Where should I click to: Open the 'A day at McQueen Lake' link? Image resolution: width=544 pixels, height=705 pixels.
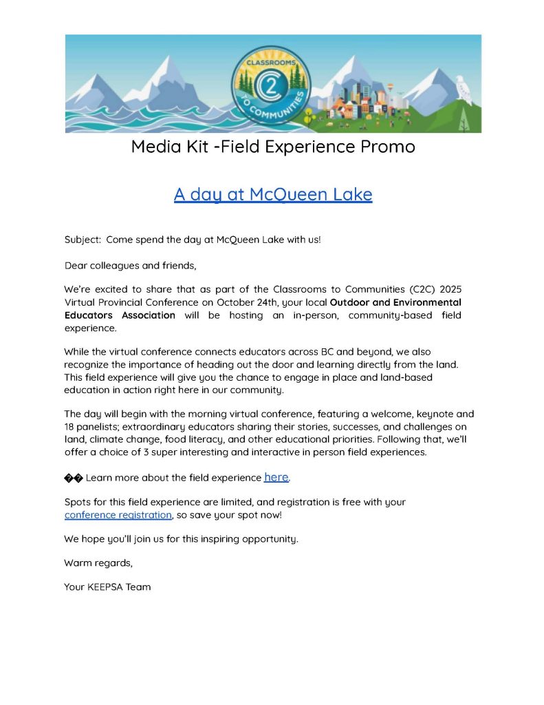[273, 194]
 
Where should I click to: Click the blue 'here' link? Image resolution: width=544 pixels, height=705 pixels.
[276, 477]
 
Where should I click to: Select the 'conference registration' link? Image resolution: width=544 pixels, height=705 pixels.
[118, 514]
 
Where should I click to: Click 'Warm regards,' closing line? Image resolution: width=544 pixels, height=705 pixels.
[98, 562]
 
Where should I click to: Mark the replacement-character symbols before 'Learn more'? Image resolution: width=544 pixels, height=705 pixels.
[73, 478]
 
